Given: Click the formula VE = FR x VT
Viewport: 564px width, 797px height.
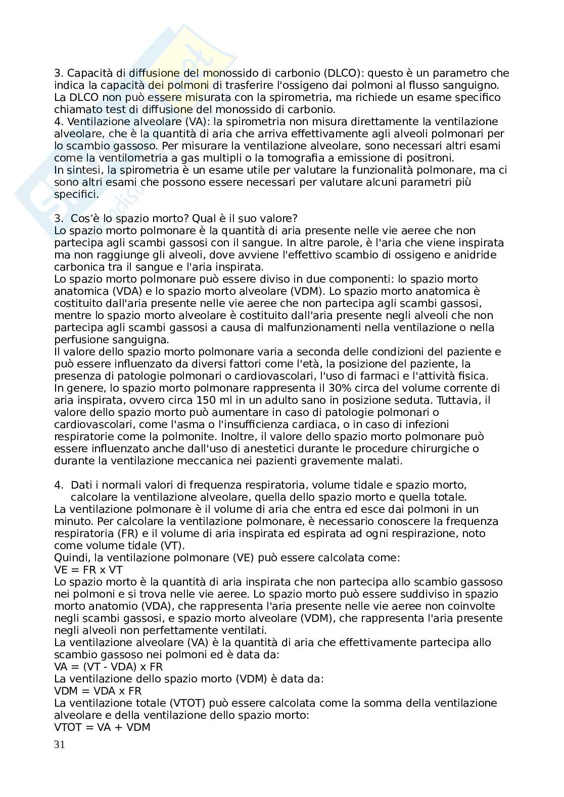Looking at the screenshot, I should click(x=88, y=570).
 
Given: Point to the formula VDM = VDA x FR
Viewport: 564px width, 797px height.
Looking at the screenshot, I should click(x=98, y=691).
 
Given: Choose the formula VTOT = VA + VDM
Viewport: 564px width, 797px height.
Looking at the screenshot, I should click(x=102, y=727).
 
